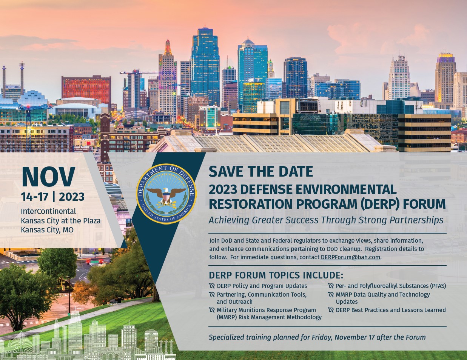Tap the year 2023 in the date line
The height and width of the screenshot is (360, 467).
pyautogui.click(x=72, y=197)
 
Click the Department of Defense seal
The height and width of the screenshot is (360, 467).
pyautogui.click(x=166, y=194)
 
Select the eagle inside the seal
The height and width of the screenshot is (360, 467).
pyautogui.click(x=166, y=195)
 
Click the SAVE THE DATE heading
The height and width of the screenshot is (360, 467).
pyautogui.click(x=260, y=172)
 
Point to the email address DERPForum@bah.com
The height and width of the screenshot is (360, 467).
pyautogui.click(x=350, y=257)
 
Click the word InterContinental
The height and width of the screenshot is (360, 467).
pyautogui.click(x=48, y=211)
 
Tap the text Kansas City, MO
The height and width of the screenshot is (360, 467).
pyautogui.click(x=47, y=230)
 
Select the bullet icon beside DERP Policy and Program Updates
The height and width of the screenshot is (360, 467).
pyautogui.click(x=212, y=286)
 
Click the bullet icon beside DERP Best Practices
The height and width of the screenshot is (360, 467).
pyautogui.click(x=331, y=310)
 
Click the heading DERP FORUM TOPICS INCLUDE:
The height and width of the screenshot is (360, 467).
pyautogui.click(x=276, y=275)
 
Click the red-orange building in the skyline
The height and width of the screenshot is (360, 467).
pyautogui.click(x=86, y=90)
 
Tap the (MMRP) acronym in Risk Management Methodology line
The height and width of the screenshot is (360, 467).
pyautogui.click(x=227, y=317)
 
